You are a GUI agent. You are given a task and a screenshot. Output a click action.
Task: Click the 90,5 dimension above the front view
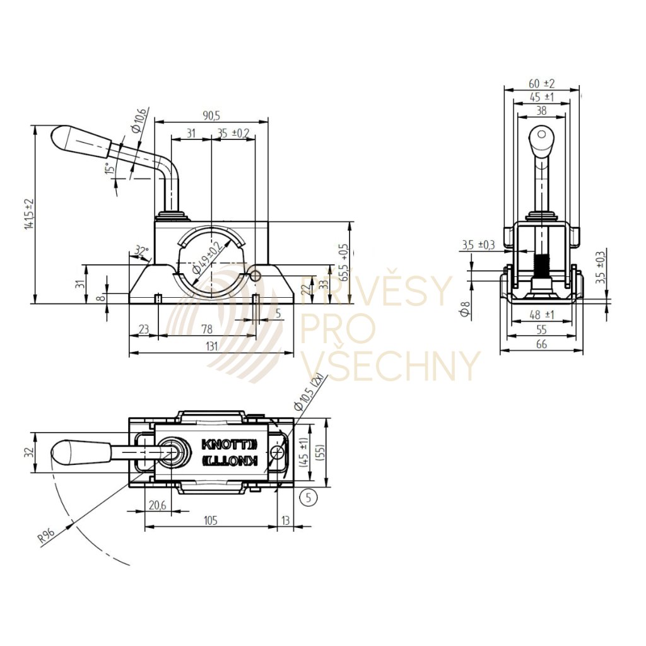click(211, 115)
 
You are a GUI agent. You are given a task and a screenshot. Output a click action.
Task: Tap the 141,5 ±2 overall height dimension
click(28, 214)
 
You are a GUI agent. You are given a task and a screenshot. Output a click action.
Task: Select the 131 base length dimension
click(211, 346)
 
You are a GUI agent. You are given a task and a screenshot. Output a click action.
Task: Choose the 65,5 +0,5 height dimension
click(344, 262)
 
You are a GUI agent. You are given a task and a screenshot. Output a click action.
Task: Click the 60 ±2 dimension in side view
click(541, 83)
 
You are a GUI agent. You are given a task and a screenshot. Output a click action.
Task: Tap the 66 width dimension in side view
click(541, 344)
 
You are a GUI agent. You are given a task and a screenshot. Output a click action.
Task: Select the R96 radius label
click(46, 536)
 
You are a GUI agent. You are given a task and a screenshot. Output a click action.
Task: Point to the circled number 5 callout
click(308, 497)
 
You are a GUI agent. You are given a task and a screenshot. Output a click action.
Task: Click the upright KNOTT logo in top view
click(230, 443)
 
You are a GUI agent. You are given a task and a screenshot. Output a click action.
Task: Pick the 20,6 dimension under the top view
click(156, 506)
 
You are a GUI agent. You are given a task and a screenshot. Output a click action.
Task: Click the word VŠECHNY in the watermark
click(391, 365)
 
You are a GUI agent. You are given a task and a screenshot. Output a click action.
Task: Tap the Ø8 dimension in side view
click(466, 310)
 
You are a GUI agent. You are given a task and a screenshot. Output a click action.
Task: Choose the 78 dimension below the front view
click(206, 329)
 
